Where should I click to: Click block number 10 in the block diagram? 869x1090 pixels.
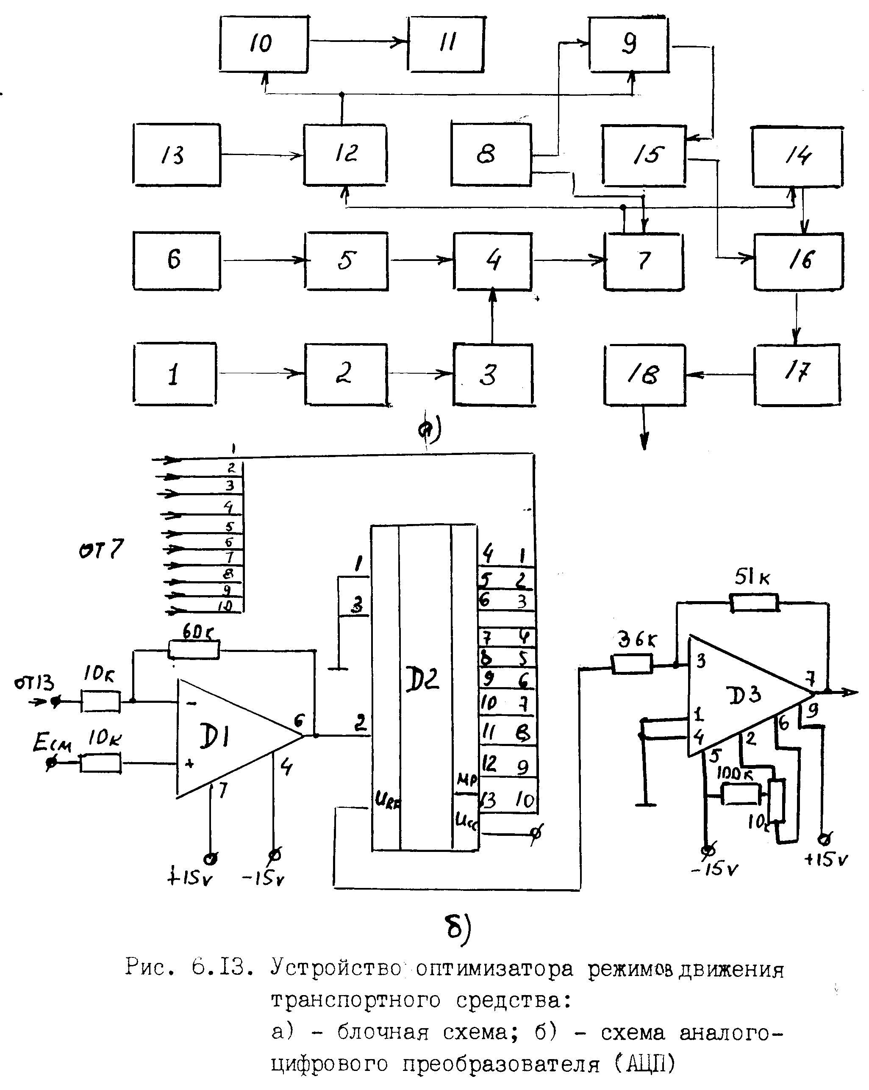pos(264,44)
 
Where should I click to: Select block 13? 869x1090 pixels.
pos(176,155)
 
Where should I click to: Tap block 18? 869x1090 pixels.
pos(644,374)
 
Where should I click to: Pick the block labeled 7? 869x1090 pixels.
pos(644,261)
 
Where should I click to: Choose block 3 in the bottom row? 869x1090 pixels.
pos(494,374)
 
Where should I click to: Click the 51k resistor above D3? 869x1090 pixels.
pos(753,603)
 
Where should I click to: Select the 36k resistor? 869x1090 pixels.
pos(631,664)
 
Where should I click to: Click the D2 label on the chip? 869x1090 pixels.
pos(422,679)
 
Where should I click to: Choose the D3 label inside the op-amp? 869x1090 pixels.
pos(744,695)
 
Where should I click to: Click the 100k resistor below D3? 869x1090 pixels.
pos(740,794)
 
